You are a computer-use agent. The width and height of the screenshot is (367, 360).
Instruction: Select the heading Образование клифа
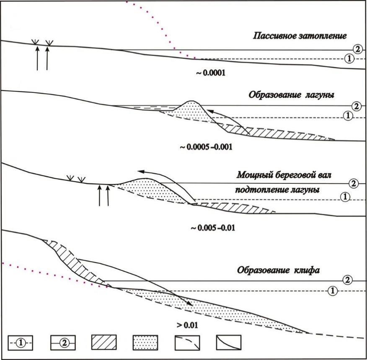click(279, 270)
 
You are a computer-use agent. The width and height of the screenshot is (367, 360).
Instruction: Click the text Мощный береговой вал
click(287, 174)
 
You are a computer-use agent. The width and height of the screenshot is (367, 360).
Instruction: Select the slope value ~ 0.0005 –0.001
click(205, 148)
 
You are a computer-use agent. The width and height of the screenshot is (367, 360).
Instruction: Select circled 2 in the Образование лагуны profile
click(356, 106)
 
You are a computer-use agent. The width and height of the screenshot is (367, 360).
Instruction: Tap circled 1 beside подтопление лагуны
click(345, 196)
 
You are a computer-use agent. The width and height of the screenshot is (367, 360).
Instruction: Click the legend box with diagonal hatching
click(103, 342)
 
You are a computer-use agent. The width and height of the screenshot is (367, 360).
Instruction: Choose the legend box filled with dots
click(145, 342)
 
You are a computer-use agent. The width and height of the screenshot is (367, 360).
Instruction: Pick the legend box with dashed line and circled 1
click(20, 342)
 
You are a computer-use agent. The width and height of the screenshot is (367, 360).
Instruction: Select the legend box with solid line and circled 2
click(62, 342)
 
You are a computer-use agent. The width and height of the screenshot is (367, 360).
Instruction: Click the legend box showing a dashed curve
click(187, 342)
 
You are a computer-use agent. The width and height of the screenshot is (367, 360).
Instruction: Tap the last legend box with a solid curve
click(229, 342)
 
